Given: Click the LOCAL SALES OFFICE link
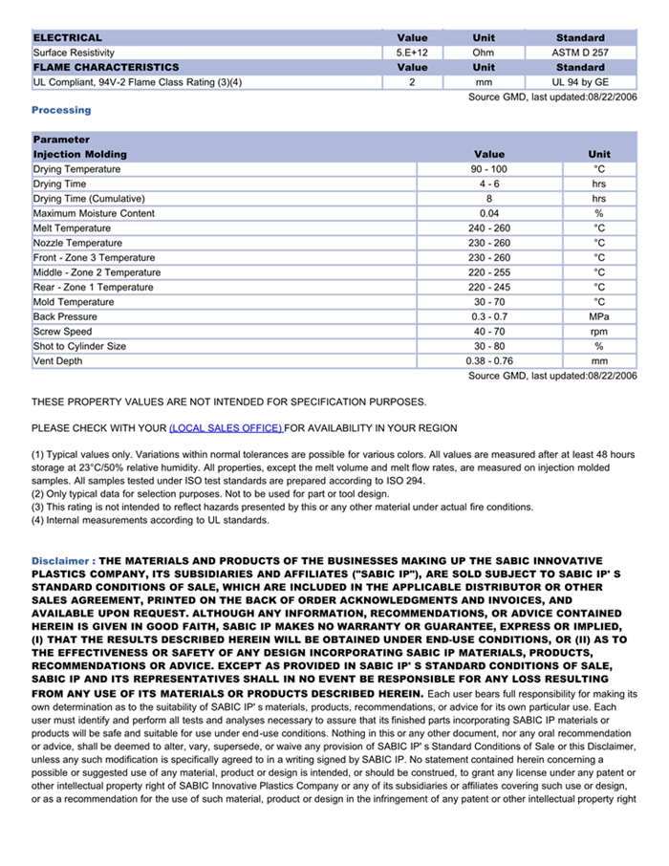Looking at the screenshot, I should click(226, 428).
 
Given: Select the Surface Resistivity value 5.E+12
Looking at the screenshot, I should click(412, 53).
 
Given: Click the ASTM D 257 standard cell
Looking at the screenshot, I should click(580, 53).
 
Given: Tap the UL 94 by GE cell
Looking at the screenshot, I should click(580, 82).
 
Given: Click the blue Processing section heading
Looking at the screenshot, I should click(61, 110).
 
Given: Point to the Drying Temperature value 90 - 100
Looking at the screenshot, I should click(488, 169).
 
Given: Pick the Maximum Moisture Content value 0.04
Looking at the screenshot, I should click(488, 213).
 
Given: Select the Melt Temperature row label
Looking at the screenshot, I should click(72, 228).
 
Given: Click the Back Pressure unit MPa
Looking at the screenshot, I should click(599, 316).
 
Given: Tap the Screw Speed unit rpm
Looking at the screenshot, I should click(599, 332).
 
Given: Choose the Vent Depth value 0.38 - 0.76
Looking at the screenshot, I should click(488, 361).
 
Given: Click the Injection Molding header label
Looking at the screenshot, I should click(79, 154).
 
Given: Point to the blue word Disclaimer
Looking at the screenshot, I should click(61, 560).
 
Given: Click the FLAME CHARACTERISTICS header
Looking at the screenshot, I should click(105, 68).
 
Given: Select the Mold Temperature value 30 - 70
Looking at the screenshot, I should click(488, 302).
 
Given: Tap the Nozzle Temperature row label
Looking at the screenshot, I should click(77, 243).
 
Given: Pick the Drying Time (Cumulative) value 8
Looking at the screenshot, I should click(488, 199).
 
